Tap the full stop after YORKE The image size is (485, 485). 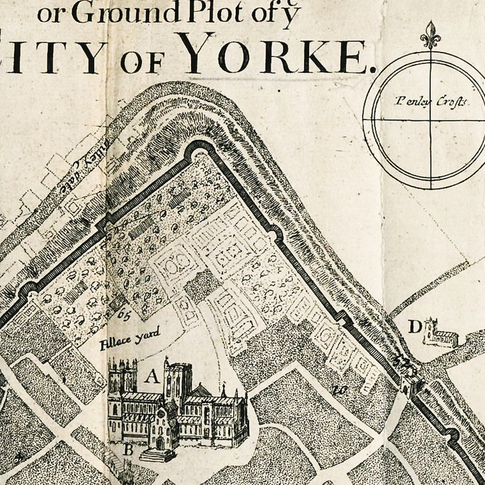(367, 68)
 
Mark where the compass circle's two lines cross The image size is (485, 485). (430, 119)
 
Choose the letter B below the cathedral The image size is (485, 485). (128, 451)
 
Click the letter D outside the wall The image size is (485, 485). (415, 328)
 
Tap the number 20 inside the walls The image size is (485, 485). (340, 387)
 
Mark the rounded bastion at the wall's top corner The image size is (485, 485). (197, 149)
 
